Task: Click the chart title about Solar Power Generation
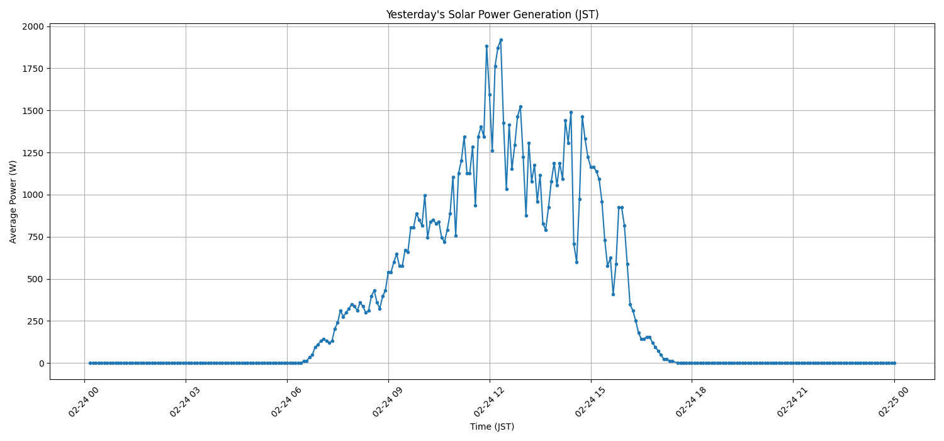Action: click(492, 14)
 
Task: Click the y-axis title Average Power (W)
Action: click(13, 202)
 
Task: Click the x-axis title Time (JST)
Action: click(492, 427)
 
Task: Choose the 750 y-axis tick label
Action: click(37, 237)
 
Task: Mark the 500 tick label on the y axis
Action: click(37, 279)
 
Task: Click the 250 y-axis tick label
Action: click(37, 321)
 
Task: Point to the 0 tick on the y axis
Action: click(42, 364)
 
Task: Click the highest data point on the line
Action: click(501, 40)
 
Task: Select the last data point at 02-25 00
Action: click(894, 363)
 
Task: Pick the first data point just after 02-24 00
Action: click(90, 363)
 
